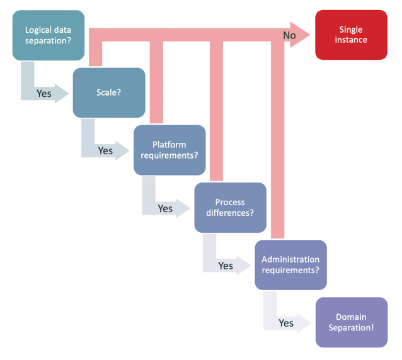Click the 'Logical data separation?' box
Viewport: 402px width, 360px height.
click(48, 35)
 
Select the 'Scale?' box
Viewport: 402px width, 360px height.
click(109, 93)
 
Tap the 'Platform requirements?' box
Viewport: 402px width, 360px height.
click(169, 150)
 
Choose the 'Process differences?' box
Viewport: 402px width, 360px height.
click(230, 207)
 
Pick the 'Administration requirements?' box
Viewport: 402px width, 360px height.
click(290, 264)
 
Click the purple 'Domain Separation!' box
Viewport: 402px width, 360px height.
click(351, 322)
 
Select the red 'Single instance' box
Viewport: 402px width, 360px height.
click(351, 35)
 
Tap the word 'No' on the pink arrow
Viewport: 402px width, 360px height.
click(289, 36)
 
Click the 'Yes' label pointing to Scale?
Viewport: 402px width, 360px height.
click(44, 93)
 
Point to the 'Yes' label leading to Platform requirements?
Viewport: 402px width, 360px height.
click(105, 150)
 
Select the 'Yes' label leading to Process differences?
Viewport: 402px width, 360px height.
click(165, 208)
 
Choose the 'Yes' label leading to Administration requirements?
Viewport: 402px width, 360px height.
click(226, 266)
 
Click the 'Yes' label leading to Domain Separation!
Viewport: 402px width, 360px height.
click(286, 323)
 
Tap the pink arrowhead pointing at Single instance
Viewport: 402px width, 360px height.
click(303, 36)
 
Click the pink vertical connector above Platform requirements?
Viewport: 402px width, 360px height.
click(157, 82)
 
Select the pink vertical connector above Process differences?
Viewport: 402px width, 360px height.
click(217, 110)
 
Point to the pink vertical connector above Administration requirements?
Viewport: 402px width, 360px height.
click(278, 138)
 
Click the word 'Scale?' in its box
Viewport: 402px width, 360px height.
click(109, 93)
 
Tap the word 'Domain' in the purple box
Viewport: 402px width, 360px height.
click(351, 317)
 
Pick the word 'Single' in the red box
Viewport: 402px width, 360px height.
click(351, 30)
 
